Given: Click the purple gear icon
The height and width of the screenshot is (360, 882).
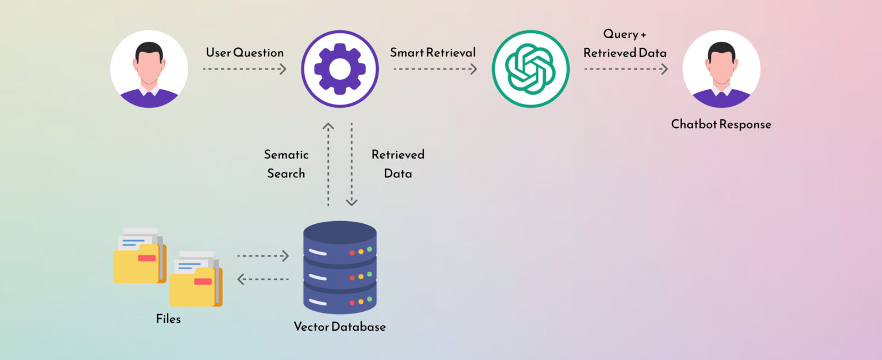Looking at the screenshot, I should click(x=339, y=69).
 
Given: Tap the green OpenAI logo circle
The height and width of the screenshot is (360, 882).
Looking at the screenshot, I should click(x=530, y=69).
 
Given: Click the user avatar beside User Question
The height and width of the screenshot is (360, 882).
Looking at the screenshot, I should click(x=149, y=69).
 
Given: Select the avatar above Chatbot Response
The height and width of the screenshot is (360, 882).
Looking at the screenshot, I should click(x=721, y=69).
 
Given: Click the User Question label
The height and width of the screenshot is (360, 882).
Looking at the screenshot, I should click(x=245, y=53).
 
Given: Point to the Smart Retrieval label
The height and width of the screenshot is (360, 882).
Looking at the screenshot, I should click(x=433, y=53).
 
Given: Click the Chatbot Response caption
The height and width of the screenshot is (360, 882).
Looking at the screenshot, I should click(x=721, y=124).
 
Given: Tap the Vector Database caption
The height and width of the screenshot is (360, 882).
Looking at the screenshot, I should click(x=339, y=327).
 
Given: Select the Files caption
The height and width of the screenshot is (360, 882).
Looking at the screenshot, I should click(x=168, y=319).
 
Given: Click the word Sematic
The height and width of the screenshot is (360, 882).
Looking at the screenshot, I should click(x=286, y=154).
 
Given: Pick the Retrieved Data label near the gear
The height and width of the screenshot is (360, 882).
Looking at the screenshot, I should click(x=397, y=164).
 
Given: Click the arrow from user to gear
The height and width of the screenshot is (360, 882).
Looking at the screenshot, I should click(x=244, y=69).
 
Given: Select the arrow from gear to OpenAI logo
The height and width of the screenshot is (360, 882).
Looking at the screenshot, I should click(x=435, y=69).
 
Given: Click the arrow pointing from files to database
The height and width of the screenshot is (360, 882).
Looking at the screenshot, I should click(x=262, y=256).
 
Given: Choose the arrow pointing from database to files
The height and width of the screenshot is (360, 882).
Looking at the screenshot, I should click(x=262, y=280).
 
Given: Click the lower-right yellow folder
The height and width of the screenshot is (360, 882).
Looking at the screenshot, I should click(x=195, y=284).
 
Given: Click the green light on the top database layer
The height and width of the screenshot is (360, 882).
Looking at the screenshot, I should click(x=369, y=250).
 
